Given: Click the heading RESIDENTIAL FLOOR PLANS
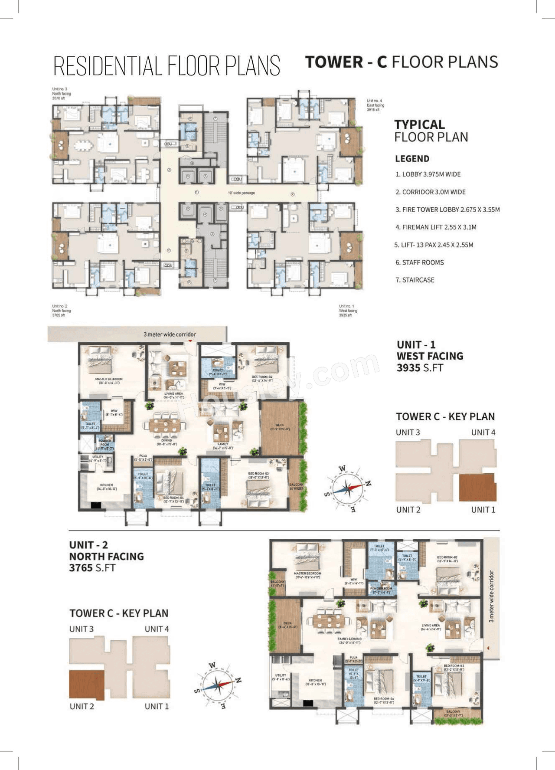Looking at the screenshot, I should [x=166, y=66].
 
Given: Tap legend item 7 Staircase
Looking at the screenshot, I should [x=415, y=280].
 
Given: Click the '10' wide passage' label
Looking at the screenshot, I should [x=242, y=193].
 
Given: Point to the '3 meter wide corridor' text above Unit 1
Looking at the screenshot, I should [x=170, y=334].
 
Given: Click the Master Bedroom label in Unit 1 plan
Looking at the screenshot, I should [x=109, y=380].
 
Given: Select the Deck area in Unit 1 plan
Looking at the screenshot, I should [x=280, y=427].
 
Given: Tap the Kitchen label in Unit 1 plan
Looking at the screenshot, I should [x=106, y=486].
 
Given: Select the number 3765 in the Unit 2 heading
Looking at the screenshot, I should [x=81, y=567].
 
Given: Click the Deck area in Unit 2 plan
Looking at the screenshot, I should [x=286, y=625].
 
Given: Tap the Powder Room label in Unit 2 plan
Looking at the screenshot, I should [x=381, y=590].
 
